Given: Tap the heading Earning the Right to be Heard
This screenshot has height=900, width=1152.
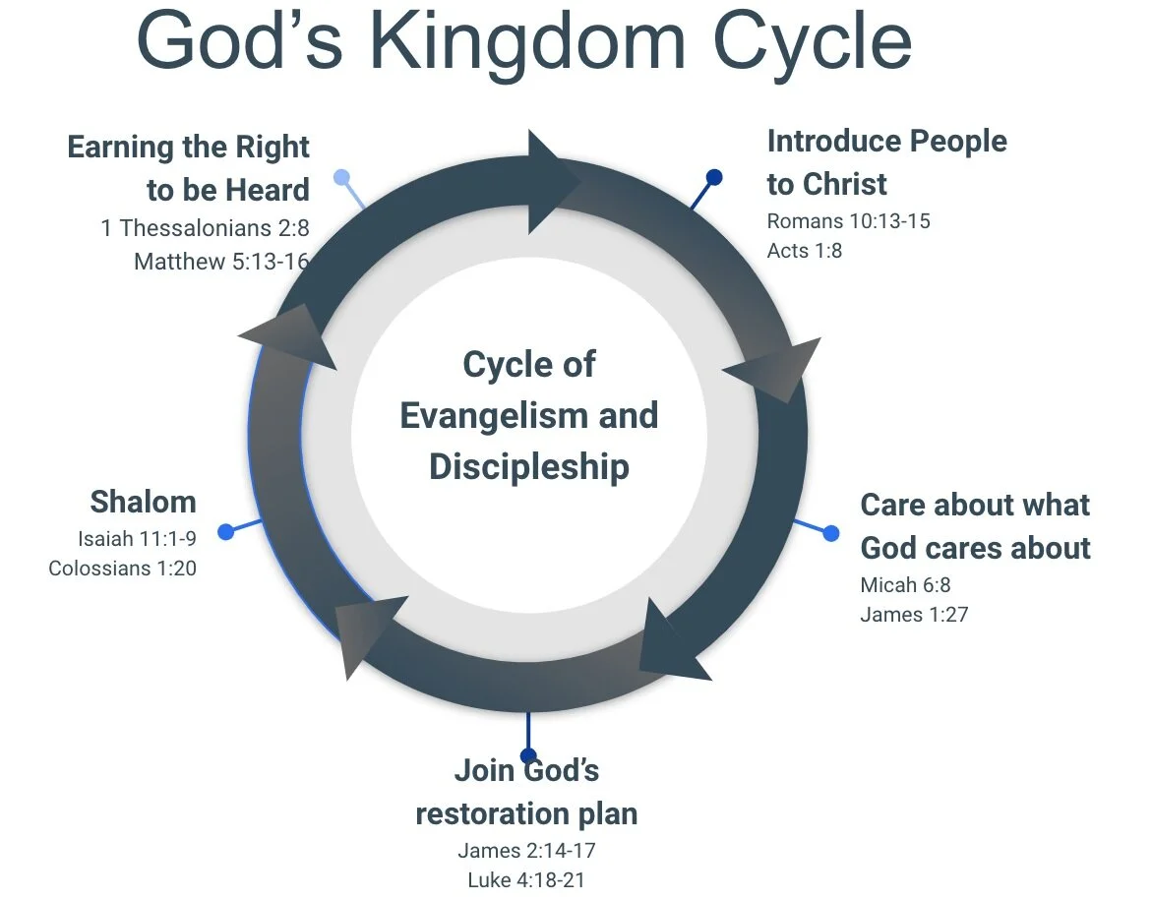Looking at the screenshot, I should (188, 167).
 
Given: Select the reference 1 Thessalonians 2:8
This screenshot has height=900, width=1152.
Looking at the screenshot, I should (205, 228).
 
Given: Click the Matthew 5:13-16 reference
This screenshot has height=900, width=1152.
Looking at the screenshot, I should (221, 262).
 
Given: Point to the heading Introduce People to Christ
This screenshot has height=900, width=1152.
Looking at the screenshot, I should (886, 162).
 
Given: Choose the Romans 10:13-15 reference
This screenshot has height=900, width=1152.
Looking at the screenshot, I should (848, 220).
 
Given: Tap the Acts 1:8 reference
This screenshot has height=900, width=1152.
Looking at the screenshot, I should (804, 251).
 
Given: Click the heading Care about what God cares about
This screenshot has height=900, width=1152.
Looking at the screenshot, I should (975, 526).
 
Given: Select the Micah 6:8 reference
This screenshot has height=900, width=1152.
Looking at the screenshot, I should (905, 585).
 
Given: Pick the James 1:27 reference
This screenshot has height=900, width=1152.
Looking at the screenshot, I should (914, 616).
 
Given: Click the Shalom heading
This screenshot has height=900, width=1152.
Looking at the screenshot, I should (143, 502).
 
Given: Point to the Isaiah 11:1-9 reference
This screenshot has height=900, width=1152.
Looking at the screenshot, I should (137, 538).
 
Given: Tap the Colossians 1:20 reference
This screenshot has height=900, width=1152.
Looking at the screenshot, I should (122, 569).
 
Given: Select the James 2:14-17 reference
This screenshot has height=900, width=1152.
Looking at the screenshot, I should (526, 850).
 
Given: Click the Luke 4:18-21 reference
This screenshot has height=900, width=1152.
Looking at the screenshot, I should (526, 880).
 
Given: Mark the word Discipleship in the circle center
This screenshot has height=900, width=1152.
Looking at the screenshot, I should (528, 466).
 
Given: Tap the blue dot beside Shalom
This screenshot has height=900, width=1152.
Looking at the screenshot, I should (225, 532).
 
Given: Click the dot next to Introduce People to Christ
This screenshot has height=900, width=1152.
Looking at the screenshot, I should (715, 178).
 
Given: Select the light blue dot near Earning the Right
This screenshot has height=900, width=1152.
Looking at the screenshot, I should (341, 178).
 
